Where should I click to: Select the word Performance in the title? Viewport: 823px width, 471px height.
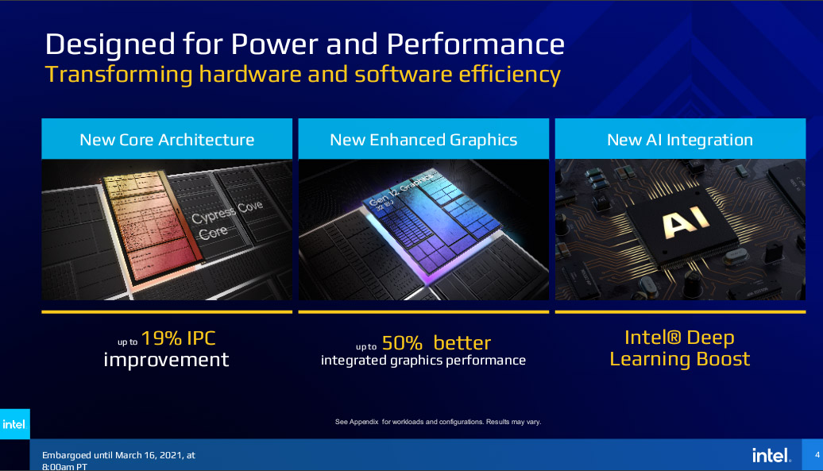pos(476,44)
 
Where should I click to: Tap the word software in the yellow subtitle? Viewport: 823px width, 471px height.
pos(403,74)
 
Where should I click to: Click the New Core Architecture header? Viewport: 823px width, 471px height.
pos(167,140)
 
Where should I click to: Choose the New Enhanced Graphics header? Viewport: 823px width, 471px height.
pos(423,140)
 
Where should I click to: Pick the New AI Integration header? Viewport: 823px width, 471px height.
pos(680,140)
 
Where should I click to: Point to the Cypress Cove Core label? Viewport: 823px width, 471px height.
pos(226,220)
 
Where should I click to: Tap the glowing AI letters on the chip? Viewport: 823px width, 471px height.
pos(686,220)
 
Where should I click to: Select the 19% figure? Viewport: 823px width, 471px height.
pos(162,338)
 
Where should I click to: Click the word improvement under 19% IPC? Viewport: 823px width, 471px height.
pos(166,361)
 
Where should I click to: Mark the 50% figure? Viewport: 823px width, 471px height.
pos(402,343)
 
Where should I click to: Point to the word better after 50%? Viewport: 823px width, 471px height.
pos(462,343)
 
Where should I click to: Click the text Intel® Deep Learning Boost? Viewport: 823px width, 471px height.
pos(680,348)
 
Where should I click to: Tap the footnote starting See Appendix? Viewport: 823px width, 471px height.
pos(439,422)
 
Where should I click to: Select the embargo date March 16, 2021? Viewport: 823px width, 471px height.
pos(149,455)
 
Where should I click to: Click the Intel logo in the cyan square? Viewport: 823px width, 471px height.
pos(14,424)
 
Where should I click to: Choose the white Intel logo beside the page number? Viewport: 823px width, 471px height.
pos(771,455)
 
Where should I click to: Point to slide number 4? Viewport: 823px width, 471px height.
pos(817,455)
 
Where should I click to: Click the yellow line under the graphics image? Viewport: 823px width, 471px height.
pos(423,312)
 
